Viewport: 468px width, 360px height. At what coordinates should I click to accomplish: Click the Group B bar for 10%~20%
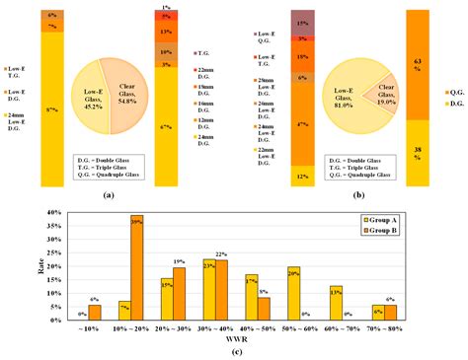coord(136,267)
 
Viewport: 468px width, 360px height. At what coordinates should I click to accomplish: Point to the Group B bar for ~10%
coord(94,313)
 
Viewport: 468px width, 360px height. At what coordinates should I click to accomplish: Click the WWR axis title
coord(234,338)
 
